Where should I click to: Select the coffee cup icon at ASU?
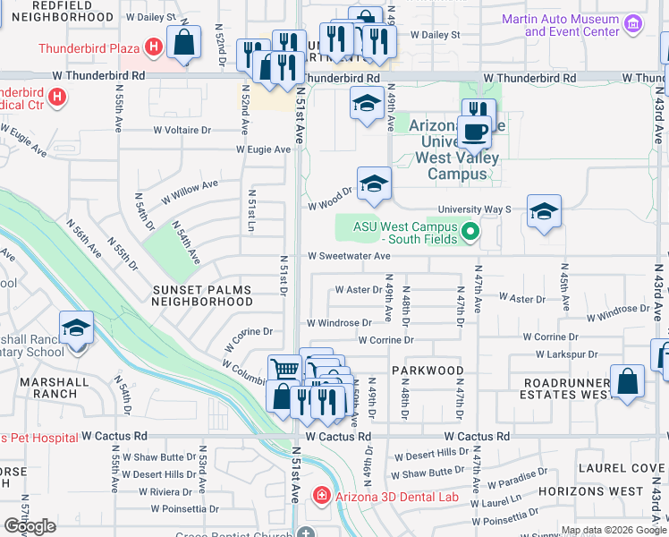476,132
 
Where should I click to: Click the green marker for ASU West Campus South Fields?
470,233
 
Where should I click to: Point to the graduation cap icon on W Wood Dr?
374,185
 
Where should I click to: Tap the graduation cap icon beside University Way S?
543,212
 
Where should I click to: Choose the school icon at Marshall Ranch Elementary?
77,328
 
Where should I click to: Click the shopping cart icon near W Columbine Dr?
284,369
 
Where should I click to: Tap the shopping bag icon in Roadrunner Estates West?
628,381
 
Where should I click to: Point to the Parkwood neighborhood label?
428,370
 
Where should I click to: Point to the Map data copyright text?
614,530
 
